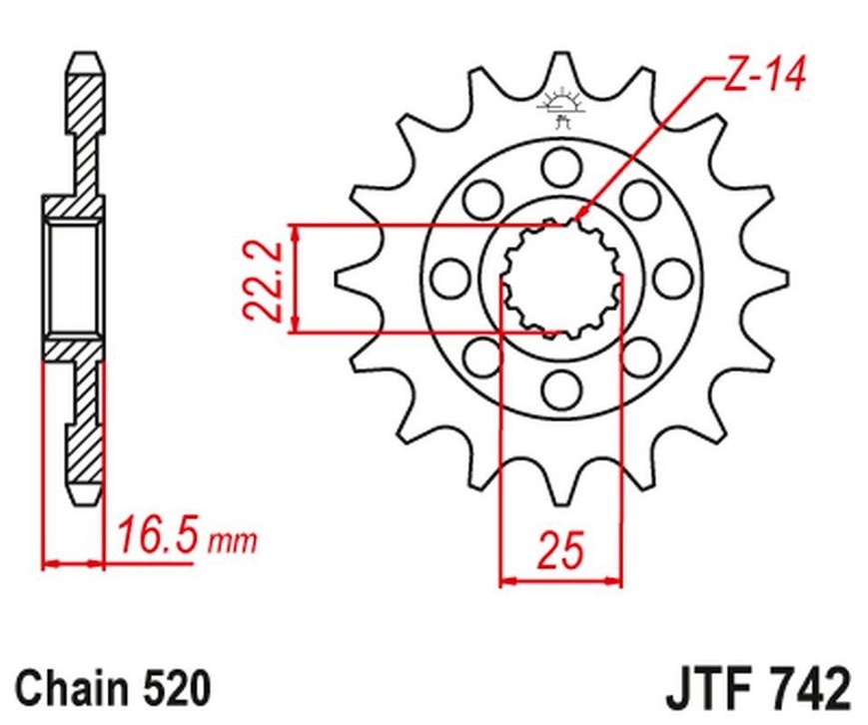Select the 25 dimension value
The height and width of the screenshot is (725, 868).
[560, 550]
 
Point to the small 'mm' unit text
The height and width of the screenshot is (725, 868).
[232, 541]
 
